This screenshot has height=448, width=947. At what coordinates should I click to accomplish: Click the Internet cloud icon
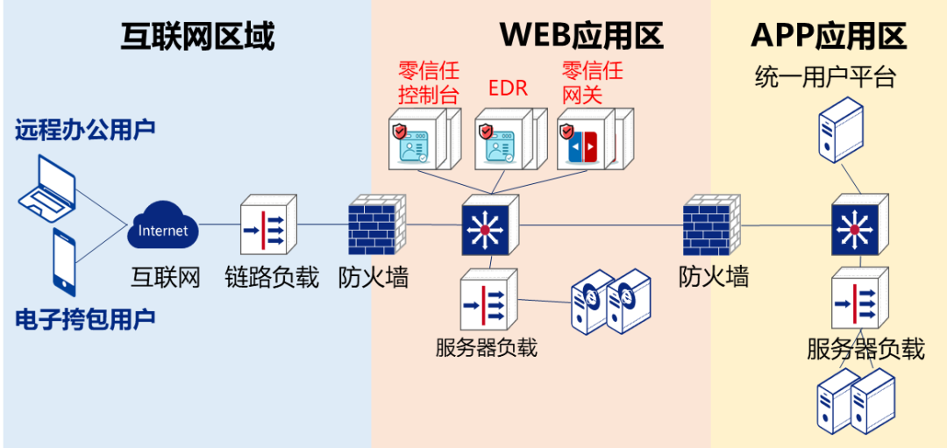click(164, 229)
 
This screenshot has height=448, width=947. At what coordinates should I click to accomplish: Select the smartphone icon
click(64, 261)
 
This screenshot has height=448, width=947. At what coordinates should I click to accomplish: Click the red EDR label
click(508, 89)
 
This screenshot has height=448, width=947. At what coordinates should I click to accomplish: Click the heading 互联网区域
click(197, 36)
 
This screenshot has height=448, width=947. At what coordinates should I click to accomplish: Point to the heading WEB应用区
click(581, 36)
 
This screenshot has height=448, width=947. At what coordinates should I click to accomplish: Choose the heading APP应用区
click(828, 36)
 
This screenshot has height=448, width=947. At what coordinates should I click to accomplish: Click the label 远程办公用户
click(85, 130)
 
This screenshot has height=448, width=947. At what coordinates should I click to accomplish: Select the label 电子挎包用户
click(85, 318)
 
